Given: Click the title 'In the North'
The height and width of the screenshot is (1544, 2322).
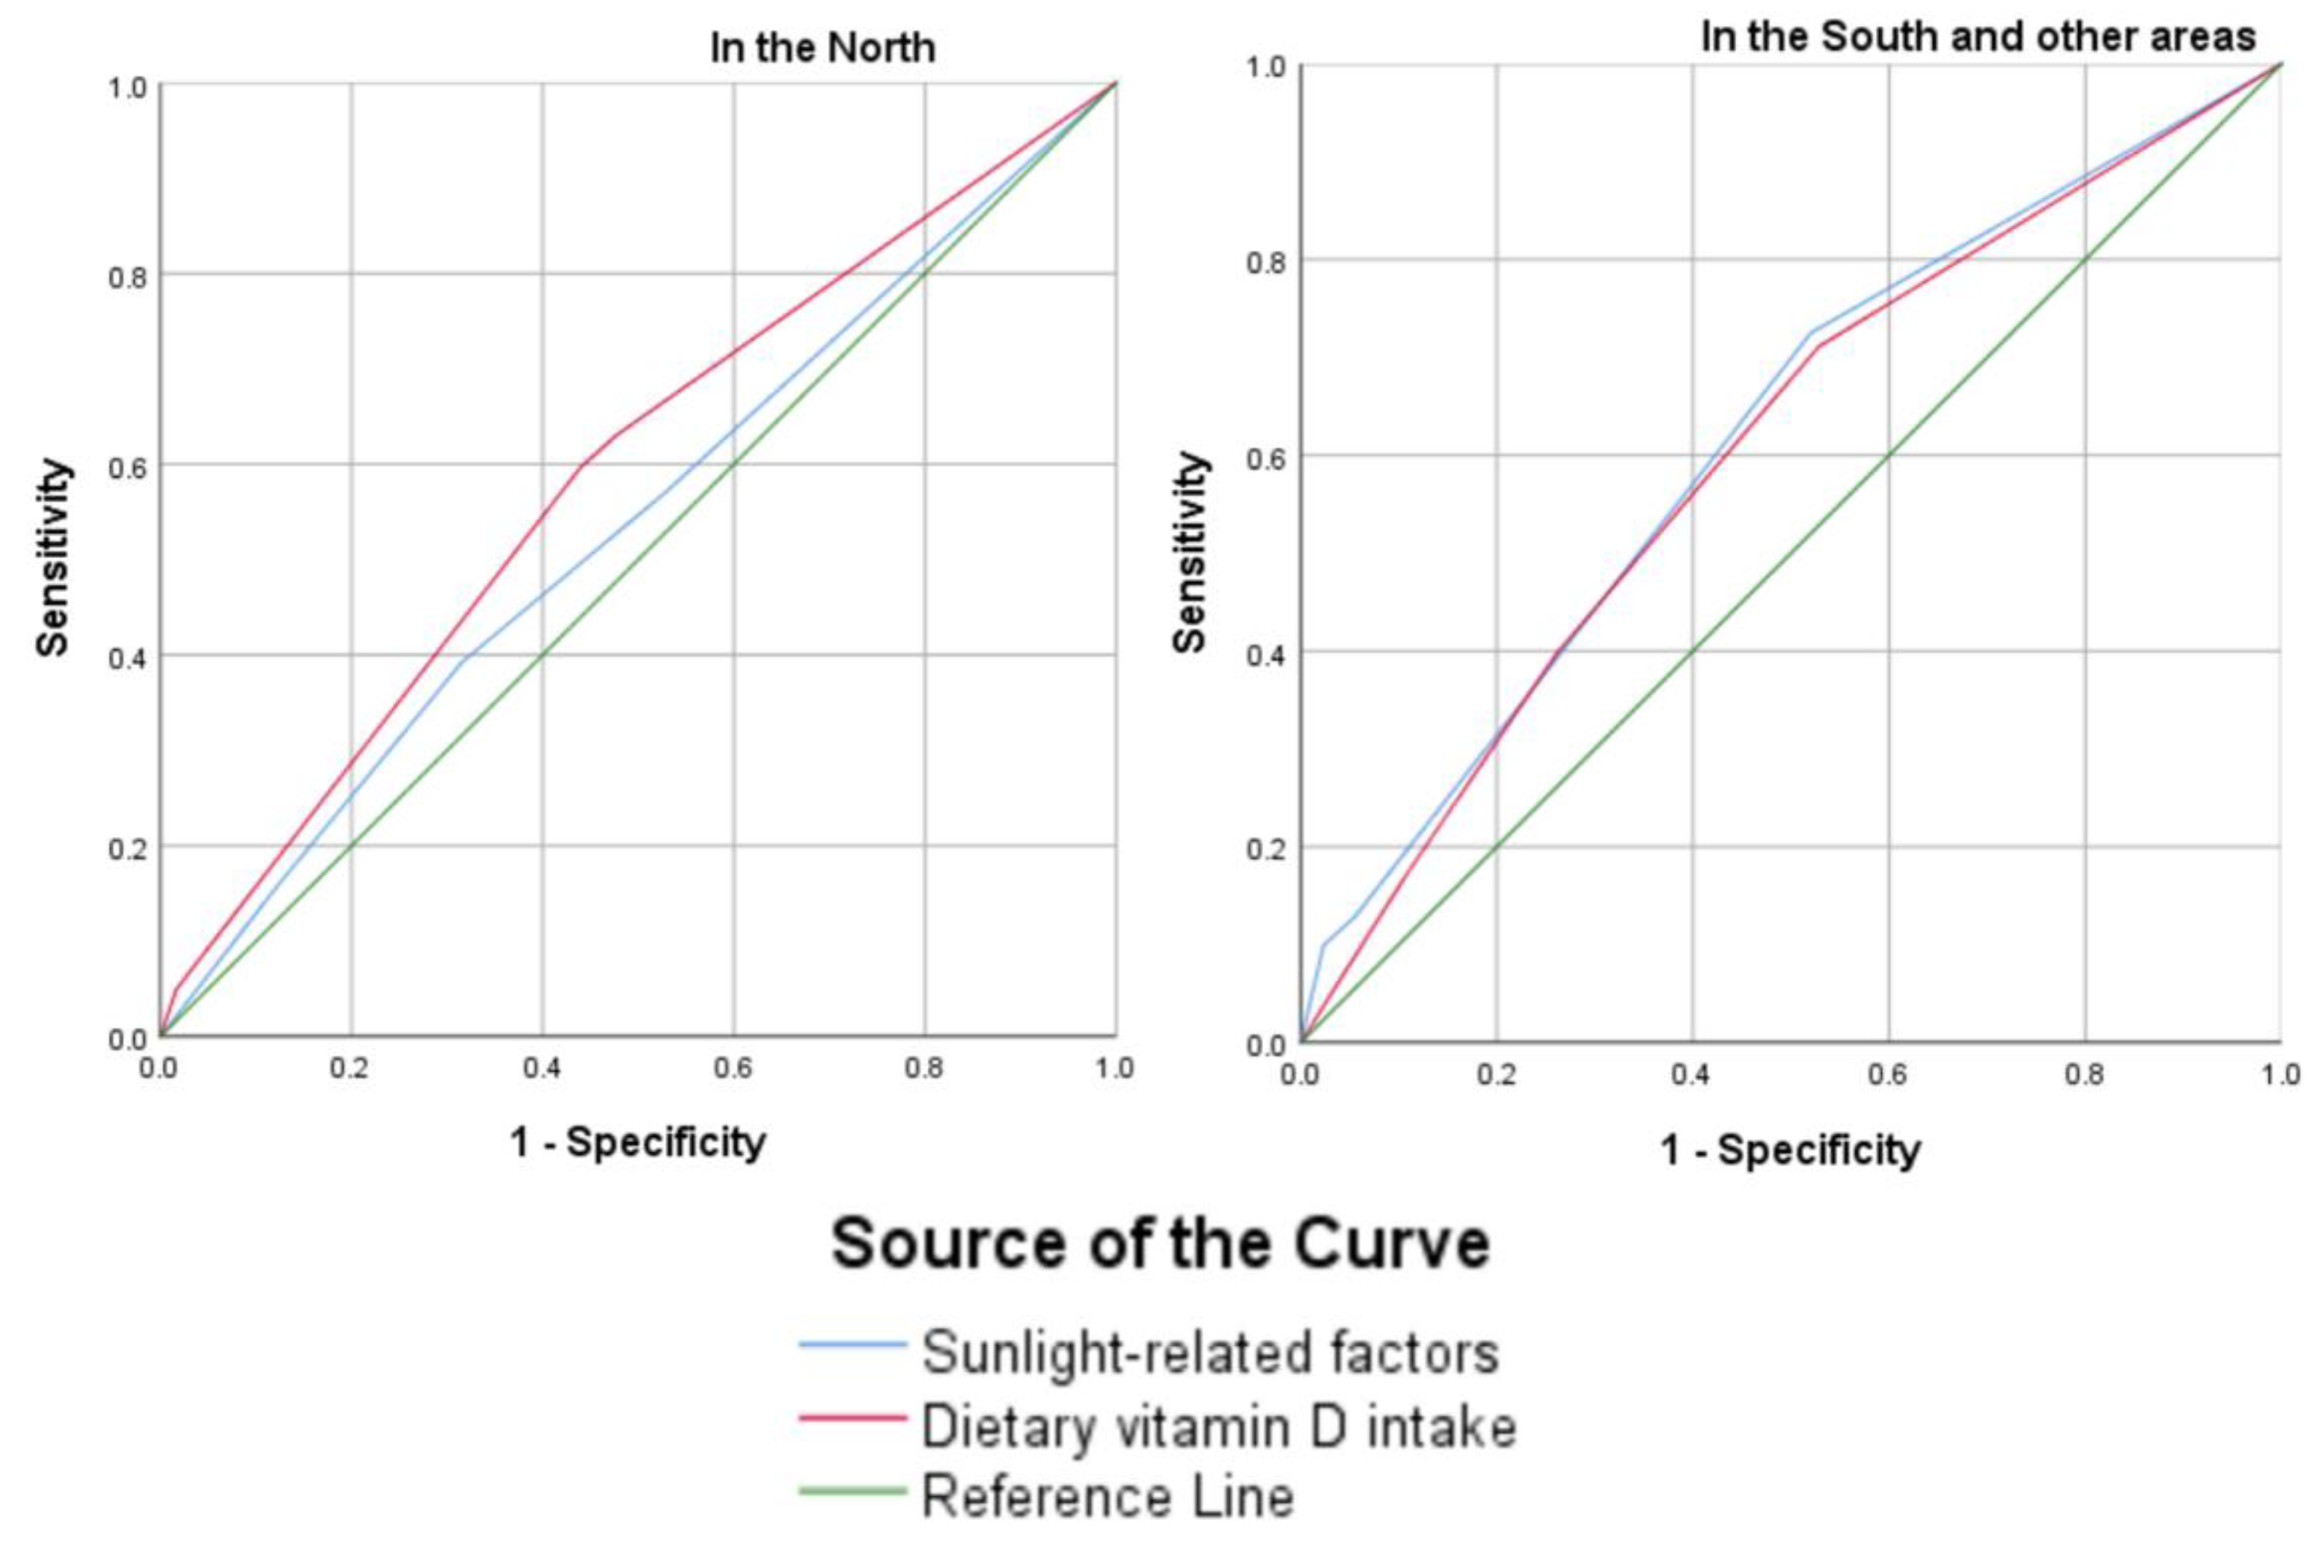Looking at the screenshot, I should [x=822, y=47].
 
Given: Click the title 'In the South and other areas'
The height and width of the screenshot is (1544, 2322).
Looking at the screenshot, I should [x=1977, y=37].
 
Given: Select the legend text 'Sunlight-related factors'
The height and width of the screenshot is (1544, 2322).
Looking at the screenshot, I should [x=1210, y=1352].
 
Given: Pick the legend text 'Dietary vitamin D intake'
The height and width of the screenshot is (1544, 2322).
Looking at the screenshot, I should [x=1218, y=1427].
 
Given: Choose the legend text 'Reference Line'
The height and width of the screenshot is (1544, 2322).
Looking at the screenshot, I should [x=1107, y=1498].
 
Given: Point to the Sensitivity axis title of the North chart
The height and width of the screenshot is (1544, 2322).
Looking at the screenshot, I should [x=54, y=557].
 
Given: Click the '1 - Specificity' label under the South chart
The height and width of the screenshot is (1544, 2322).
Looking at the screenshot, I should [x=1790, y=1149].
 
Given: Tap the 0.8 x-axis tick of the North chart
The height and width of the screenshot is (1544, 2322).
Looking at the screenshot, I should [x=923, y=1068].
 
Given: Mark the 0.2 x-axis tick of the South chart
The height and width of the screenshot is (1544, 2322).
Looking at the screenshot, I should [x=1496, y=1074].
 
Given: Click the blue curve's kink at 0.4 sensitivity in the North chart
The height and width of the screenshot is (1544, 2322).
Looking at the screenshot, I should [x=462, y=658].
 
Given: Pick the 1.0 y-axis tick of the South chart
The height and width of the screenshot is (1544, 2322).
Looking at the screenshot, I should [x=1265, y=66].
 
